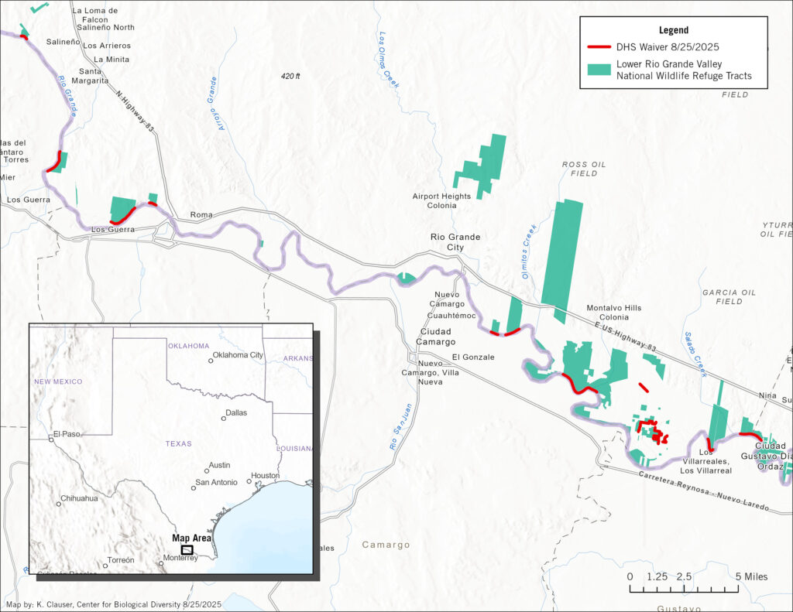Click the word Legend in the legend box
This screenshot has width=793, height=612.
coord(673,30)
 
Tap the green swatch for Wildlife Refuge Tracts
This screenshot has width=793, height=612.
coord(599,70)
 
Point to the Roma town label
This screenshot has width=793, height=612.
coord(201,215)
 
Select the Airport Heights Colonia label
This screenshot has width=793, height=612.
coord(441,201)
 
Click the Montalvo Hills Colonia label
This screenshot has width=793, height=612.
coord(613,313)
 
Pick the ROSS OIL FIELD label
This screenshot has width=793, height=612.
coord(584,169)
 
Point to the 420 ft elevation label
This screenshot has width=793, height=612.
coord(290,77)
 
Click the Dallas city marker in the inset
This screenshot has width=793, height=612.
coord(224,418)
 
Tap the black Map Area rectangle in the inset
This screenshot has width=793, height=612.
coord(187,549)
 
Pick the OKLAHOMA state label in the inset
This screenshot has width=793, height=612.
coord(189,346)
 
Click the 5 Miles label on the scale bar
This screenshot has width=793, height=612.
coord(751,576)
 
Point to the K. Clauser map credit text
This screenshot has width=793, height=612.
coord(113,604)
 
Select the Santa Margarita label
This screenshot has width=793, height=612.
coord(91,76)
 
